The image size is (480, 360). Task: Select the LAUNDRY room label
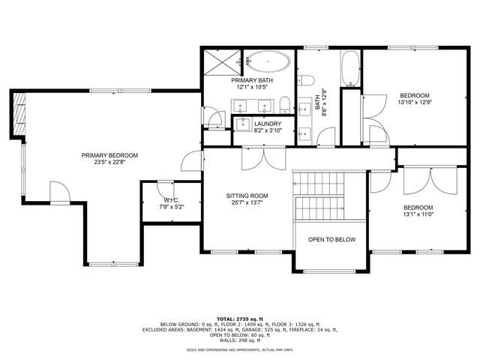(x=268, y=124)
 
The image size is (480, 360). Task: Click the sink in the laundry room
(x=243, y=124)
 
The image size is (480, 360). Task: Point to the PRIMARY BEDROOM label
(x=110, y=155)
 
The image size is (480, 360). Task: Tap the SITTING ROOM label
(x=247, y=196)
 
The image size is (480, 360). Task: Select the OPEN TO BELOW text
(x=331, y=240)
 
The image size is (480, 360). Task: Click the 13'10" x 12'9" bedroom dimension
(x=414, y=103)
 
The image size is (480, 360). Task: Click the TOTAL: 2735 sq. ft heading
(x=241, y=319)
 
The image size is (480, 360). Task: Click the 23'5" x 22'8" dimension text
(x=110, y=162)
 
